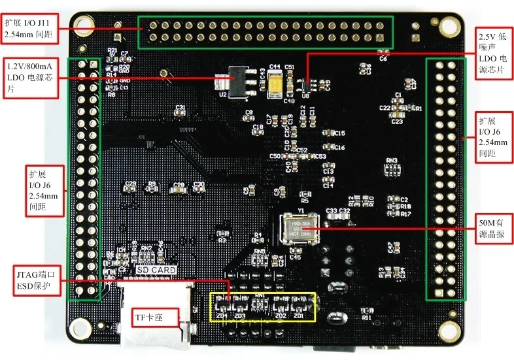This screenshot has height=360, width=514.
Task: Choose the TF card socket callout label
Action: pyautogui.click(x=154, y=318)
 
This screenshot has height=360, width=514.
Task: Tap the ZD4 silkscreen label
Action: pyautogui.click(x=221, y=316)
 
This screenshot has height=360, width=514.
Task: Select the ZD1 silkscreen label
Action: pyautogui.click(x=299, y=316)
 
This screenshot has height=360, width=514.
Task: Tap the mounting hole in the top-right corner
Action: pyautogui.click(x=447, y=26)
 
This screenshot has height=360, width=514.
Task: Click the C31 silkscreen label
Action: pyautogui.click(x=180, y=107)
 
